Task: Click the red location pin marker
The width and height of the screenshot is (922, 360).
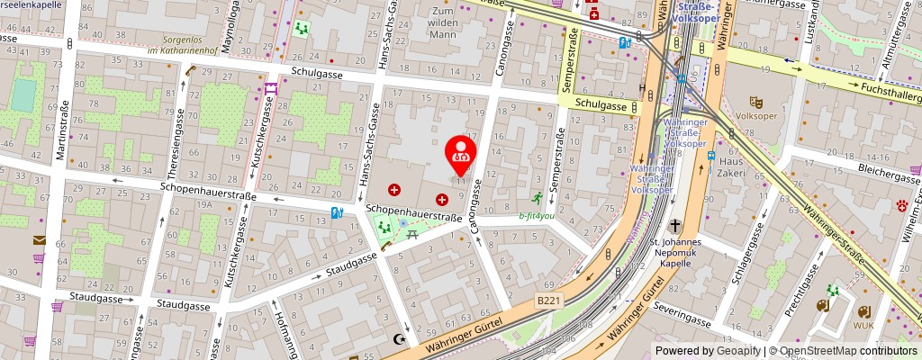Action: coord(461,150)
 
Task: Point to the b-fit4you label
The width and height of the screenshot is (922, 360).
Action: coord(537,215)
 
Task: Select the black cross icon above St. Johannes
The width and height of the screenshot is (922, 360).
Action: coord(675,227)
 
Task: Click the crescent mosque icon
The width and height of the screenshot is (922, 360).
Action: coord(402,339)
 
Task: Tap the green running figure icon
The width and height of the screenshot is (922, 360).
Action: coord(537,197)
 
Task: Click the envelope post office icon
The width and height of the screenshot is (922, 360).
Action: coord(39,240)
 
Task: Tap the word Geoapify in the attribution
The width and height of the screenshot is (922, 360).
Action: coord(738,351)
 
